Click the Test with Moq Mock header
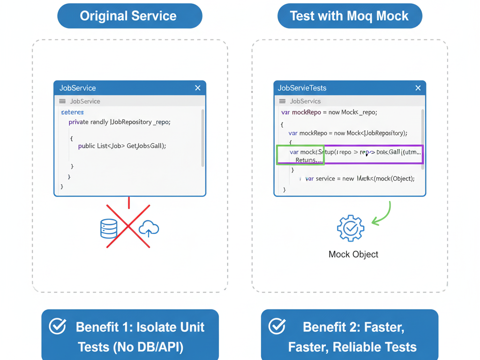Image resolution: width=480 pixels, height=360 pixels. pos(350,16)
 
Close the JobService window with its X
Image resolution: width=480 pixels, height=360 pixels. pos(198,88)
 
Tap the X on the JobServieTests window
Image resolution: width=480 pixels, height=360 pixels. pos(418,88)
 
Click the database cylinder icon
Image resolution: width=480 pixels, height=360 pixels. pos(109,228)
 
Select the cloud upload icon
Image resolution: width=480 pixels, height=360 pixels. pos(149,228)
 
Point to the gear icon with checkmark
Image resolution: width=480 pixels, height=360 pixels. pos(350,228)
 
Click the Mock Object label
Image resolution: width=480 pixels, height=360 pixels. pos(353,255)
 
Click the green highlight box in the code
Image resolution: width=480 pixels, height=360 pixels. pos(300,155)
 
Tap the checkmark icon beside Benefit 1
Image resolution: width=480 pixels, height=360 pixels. pos(58,327)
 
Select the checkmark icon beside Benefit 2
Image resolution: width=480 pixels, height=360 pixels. pos(277,327)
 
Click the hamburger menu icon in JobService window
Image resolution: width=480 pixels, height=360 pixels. pos(62,101)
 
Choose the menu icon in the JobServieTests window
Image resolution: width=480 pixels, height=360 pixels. pos(282,101)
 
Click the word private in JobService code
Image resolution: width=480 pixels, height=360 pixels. pos(78,122)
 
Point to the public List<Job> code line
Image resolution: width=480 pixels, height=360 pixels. pos(122,146)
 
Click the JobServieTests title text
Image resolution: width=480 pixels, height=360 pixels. pos(302,88)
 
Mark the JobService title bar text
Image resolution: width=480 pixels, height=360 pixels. pos(77,88)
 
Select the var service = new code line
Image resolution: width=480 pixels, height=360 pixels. pos(360,179)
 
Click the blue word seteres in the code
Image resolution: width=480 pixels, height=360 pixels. pos(72,112)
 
